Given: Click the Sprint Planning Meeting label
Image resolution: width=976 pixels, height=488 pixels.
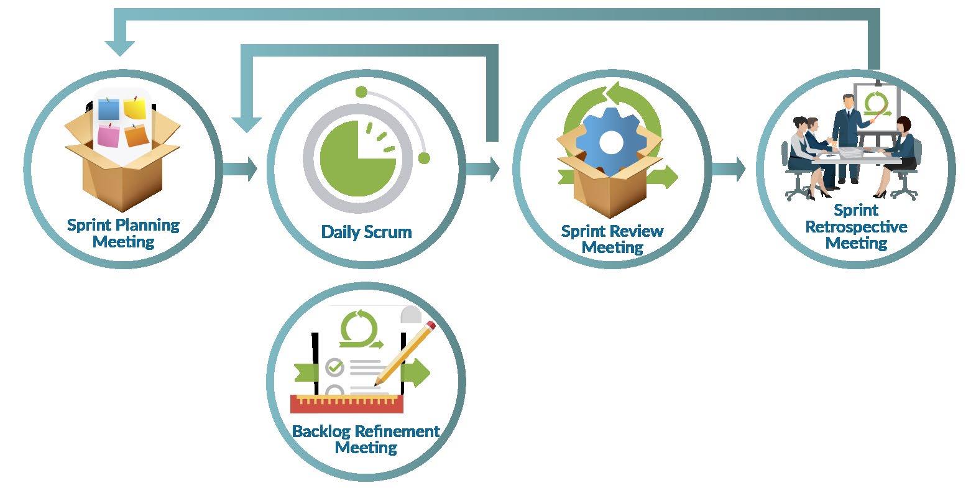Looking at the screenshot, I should point(123,233).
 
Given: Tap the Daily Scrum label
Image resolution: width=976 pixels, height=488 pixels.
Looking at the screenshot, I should point(366,232).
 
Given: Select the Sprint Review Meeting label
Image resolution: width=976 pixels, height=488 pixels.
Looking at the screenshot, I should point(612,239).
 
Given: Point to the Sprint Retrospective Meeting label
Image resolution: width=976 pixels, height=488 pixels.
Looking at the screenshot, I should point(856,227).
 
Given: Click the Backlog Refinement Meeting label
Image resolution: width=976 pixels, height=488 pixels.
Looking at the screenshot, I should point(366,439).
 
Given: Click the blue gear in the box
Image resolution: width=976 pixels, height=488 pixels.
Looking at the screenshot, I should point(611,142).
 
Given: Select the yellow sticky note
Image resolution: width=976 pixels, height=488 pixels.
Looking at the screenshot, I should point(134,108).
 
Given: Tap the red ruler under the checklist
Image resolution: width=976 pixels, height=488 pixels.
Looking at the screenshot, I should point(346,404).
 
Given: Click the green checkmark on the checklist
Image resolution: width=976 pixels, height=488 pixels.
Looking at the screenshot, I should point(335,367).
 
